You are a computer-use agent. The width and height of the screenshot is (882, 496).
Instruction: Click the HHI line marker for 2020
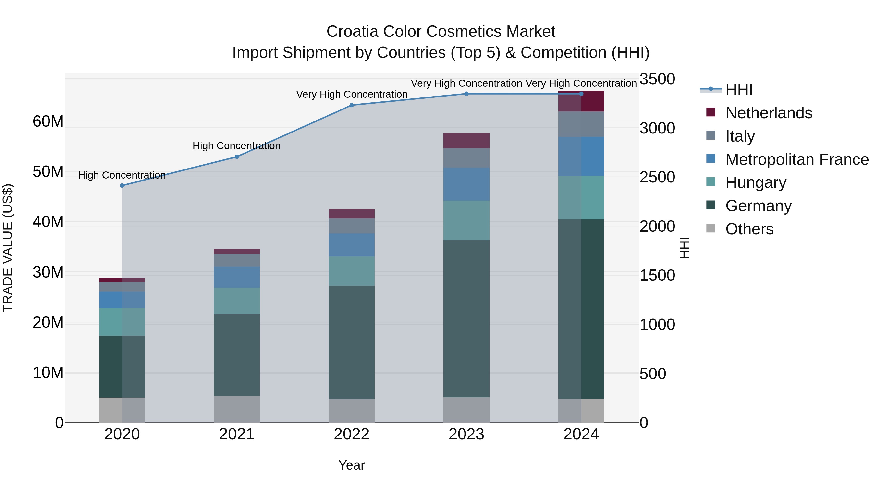pos(122,185)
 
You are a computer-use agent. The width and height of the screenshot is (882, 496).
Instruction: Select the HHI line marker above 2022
pos(352,105)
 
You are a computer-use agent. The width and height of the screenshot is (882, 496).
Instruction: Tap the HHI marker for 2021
pos(237,157)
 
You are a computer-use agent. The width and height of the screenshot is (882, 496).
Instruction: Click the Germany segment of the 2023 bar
pos(466,318)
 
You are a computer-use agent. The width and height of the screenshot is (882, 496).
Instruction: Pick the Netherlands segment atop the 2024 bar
pos(581,102)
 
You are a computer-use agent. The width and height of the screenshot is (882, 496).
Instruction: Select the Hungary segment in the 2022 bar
pos(352,271)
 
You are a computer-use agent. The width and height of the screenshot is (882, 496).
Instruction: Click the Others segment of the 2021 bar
pos(237,409)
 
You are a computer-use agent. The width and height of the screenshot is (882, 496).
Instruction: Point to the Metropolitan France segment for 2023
pos(466,184)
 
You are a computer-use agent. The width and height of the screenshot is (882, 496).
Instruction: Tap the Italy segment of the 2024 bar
pos(581,124)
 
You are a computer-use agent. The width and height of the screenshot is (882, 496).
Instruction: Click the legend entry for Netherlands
pos(768,113)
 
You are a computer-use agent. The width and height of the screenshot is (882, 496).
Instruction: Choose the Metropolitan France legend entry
pos(797,159)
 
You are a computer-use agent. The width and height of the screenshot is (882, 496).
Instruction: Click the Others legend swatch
pos(711,228)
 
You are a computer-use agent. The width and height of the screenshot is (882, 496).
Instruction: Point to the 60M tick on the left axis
pos(48,121)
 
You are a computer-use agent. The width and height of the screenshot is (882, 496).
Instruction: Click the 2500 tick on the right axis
pos(657,177)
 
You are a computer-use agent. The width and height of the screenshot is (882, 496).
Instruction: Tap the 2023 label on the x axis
pos(466,434)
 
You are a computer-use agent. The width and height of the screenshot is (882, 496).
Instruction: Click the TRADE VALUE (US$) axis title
pos(8,248)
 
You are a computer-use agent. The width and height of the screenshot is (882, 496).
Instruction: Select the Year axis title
pos(352,465)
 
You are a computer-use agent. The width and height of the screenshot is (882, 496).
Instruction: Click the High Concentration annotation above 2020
pos(122,175)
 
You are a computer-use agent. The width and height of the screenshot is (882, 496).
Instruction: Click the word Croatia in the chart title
pos(352,32)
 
